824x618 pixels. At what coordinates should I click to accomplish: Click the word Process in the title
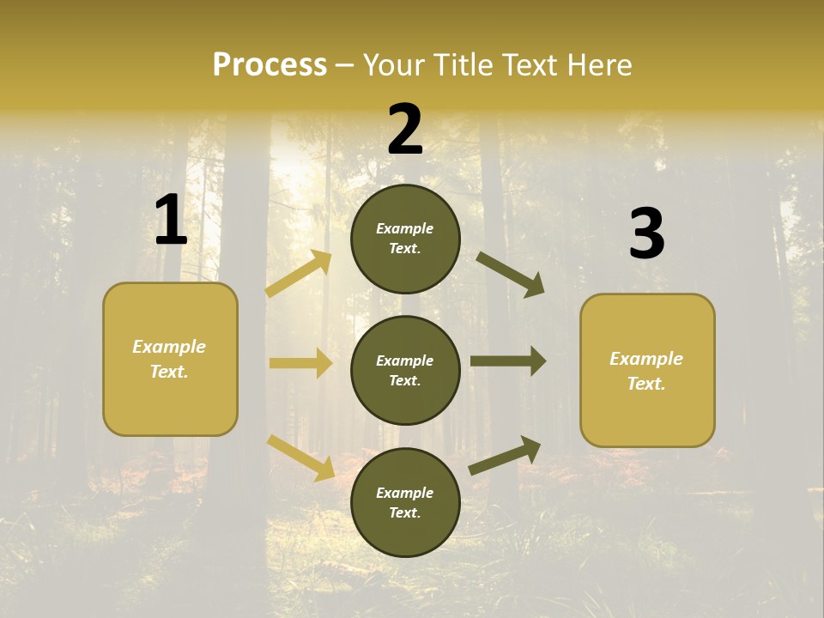point(270,65)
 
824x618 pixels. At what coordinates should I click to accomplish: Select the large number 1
point(171,221)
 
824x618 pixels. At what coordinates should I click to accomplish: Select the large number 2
point(405,130)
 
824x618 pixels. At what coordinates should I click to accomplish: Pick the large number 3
point(646,234)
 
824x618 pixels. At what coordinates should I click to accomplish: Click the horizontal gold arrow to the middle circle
point(300,363)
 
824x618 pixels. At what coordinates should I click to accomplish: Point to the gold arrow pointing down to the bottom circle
point(301,457)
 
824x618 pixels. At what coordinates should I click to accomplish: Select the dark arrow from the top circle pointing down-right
point(511,275)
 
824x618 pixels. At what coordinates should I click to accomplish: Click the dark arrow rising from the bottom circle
point(506,456)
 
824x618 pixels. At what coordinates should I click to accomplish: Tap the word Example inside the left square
point(169,347)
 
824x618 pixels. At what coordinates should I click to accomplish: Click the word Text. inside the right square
point(646,384)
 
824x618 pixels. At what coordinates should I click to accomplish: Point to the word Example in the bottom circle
point(404,493)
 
